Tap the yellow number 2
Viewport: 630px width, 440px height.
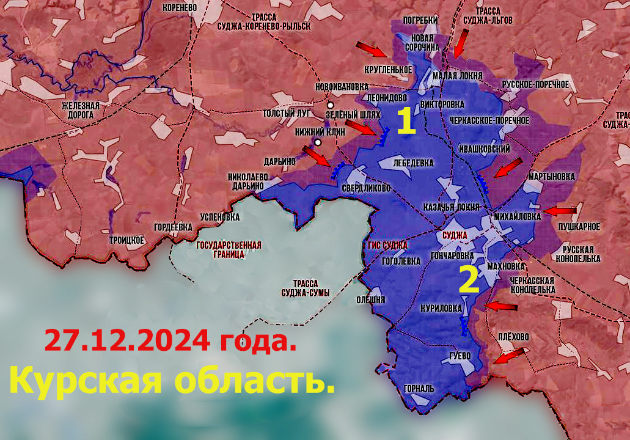(x=468, y=280)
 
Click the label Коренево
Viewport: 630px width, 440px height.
(x=179, y=8)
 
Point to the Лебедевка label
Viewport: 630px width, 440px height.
(x=414, y=163)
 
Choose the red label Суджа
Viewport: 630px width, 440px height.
(x=454, y=235)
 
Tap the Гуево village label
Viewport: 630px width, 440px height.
(x=460, y=355)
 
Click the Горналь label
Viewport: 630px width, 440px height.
(x=419, y=388)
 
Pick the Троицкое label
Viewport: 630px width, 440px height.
(x=126, y=240)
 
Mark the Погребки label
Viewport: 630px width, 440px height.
(x=421, y=20)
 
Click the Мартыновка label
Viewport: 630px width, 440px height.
(x=552, y=177)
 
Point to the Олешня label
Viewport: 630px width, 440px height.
(x=371, y=299)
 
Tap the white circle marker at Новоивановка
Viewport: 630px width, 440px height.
(x=330, y=105)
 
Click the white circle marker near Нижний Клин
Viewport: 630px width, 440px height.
(x=318, y=142)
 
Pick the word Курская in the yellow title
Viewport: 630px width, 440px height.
(x=86, y=380)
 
